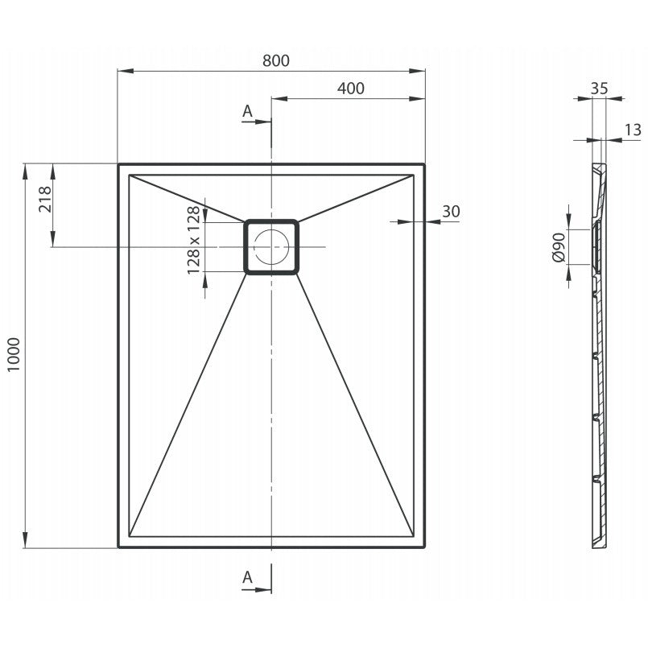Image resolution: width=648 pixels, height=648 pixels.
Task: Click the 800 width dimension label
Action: pos(276,60)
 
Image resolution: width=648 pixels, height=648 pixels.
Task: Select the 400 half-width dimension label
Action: pos(351,89)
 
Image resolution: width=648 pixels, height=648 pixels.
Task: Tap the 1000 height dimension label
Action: pos(14,354)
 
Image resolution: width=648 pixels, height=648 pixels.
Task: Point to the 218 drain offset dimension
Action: pos(45,199)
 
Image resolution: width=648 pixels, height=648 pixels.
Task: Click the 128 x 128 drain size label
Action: pos(193,241)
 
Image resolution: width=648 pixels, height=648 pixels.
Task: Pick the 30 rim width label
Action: pos(451,212)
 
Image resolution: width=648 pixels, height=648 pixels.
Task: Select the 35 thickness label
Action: pos(599,89)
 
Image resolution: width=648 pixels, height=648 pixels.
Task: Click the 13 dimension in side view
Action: pos(633,130)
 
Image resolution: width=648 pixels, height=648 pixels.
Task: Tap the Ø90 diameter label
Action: pos(559,247)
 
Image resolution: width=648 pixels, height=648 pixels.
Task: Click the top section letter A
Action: pos(247,111)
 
